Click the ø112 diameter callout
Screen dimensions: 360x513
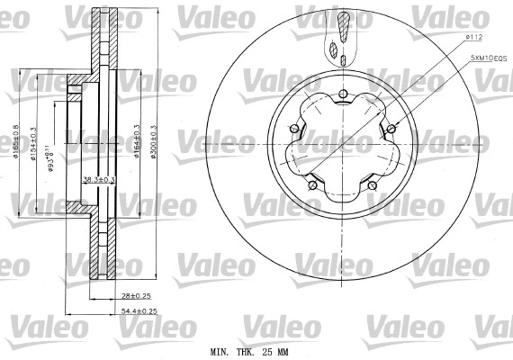(475, 37)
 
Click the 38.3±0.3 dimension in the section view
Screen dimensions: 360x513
(99, 179)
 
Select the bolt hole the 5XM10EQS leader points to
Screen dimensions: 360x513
(393, 126)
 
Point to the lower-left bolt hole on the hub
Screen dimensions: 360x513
(311, 185)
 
